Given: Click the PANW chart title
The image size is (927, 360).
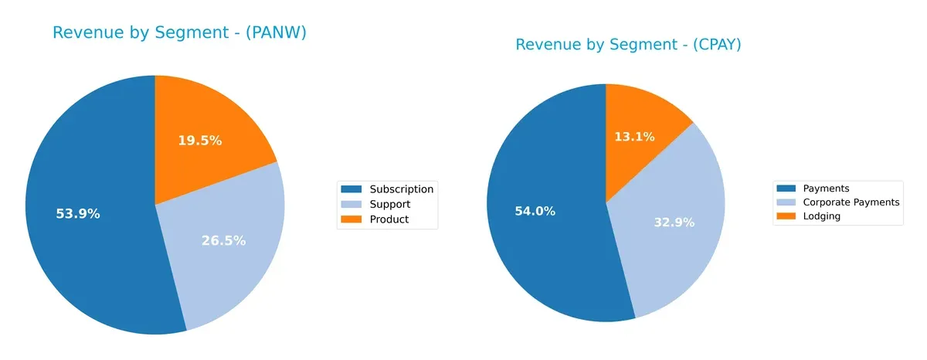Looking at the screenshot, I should pyautogui.click(x=179, y=32).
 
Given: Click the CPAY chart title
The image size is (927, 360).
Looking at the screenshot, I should pyautogui.click(x=628, y=45).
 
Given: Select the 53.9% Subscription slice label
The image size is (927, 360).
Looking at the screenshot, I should pyautogui.click(x=78, y=214).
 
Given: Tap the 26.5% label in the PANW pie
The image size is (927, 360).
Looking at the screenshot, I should pyautogui.click(x=223, y=241).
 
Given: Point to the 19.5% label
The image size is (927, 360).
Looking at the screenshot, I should pyautogui.click(x=199, y=141).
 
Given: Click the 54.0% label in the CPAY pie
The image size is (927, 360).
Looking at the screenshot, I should pyautogui.click(x=535, y=211).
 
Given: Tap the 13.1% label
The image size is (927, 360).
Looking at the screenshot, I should pyautogui.click(x=634, y=137).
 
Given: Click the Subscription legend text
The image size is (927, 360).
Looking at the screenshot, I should pyautogui.click(x=401, y=189).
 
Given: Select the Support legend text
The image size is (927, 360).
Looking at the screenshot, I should pyautogui.click(x=389, y=205).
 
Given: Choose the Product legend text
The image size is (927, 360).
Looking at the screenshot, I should pyautogui.click(x=389, y=219).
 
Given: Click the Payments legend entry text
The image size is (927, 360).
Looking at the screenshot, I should pyautogui.click(x=826, y=188).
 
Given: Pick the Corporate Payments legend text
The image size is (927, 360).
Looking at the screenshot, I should pyautogui.click(x=851, y=202).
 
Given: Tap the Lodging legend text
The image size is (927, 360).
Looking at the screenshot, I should pyautogui.click(x=821, y=216).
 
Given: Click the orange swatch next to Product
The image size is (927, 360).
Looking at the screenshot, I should pyautogui.click(x=351, y=219).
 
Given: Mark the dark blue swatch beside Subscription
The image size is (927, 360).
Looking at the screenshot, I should pyautogui.click(x=351, y=189).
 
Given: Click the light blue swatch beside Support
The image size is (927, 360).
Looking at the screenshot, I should pyautogui.click(x=351, y=205).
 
